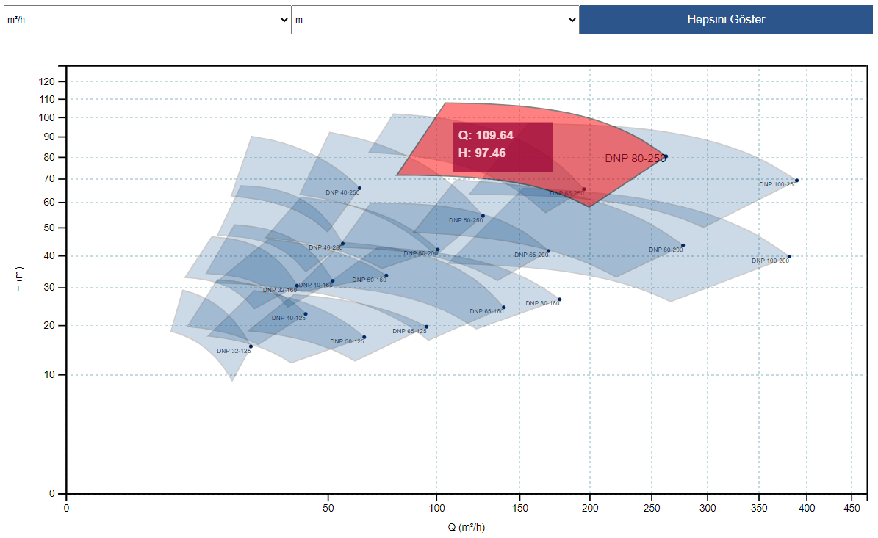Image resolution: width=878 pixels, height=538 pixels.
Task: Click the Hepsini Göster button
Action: pyautogui.click(x=725, y=20)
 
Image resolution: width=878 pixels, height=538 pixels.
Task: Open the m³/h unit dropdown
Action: pyautogui.click(x=147, y=20)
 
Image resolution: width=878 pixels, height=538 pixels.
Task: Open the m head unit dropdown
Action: pyautogui.click(x=435, y=20)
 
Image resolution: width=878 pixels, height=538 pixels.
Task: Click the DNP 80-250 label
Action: pyautogui.click(x=635, y=159)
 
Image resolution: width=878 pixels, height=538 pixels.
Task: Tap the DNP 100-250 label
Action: pyautogui.click(x=777, y=184)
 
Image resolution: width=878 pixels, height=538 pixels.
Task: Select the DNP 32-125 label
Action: pyautogui.click(x=234, y=351)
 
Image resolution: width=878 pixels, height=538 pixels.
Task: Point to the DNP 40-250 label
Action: pyautogui.click(x=342, y=193)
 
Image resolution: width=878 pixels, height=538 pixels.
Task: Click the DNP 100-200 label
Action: pyautogui.click(x=770, y=261)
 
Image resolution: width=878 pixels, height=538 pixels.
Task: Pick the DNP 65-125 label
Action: pyautogui.click(x=409, y=331)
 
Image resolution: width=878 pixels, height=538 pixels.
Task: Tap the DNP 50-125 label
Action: pyautogui.click(x=347, y=341)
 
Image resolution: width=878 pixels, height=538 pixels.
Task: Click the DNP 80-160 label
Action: pyautogui.click(x=542, y=303)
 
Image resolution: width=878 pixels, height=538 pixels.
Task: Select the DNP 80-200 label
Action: pyautogui.click(x=666, y=250)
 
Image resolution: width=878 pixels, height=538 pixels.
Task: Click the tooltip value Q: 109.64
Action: pyautogui.click(x=486, y=135)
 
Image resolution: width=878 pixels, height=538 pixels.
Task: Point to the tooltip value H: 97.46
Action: pyautogui.click(x=482, y=153)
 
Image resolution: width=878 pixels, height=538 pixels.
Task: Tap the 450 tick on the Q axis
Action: pyautogui.click(x=852, y=507)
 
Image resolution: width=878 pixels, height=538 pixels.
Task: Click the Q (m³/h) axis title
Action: pyautogui.click(x=467, y=527)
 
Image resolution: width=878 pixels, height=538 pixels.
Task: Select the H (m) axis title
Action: pyautogui.click(x=20, y=279)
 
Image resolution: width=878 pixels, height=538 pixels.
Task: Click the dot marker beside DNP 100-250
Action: pyautogui.click(x=796, y=181)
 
